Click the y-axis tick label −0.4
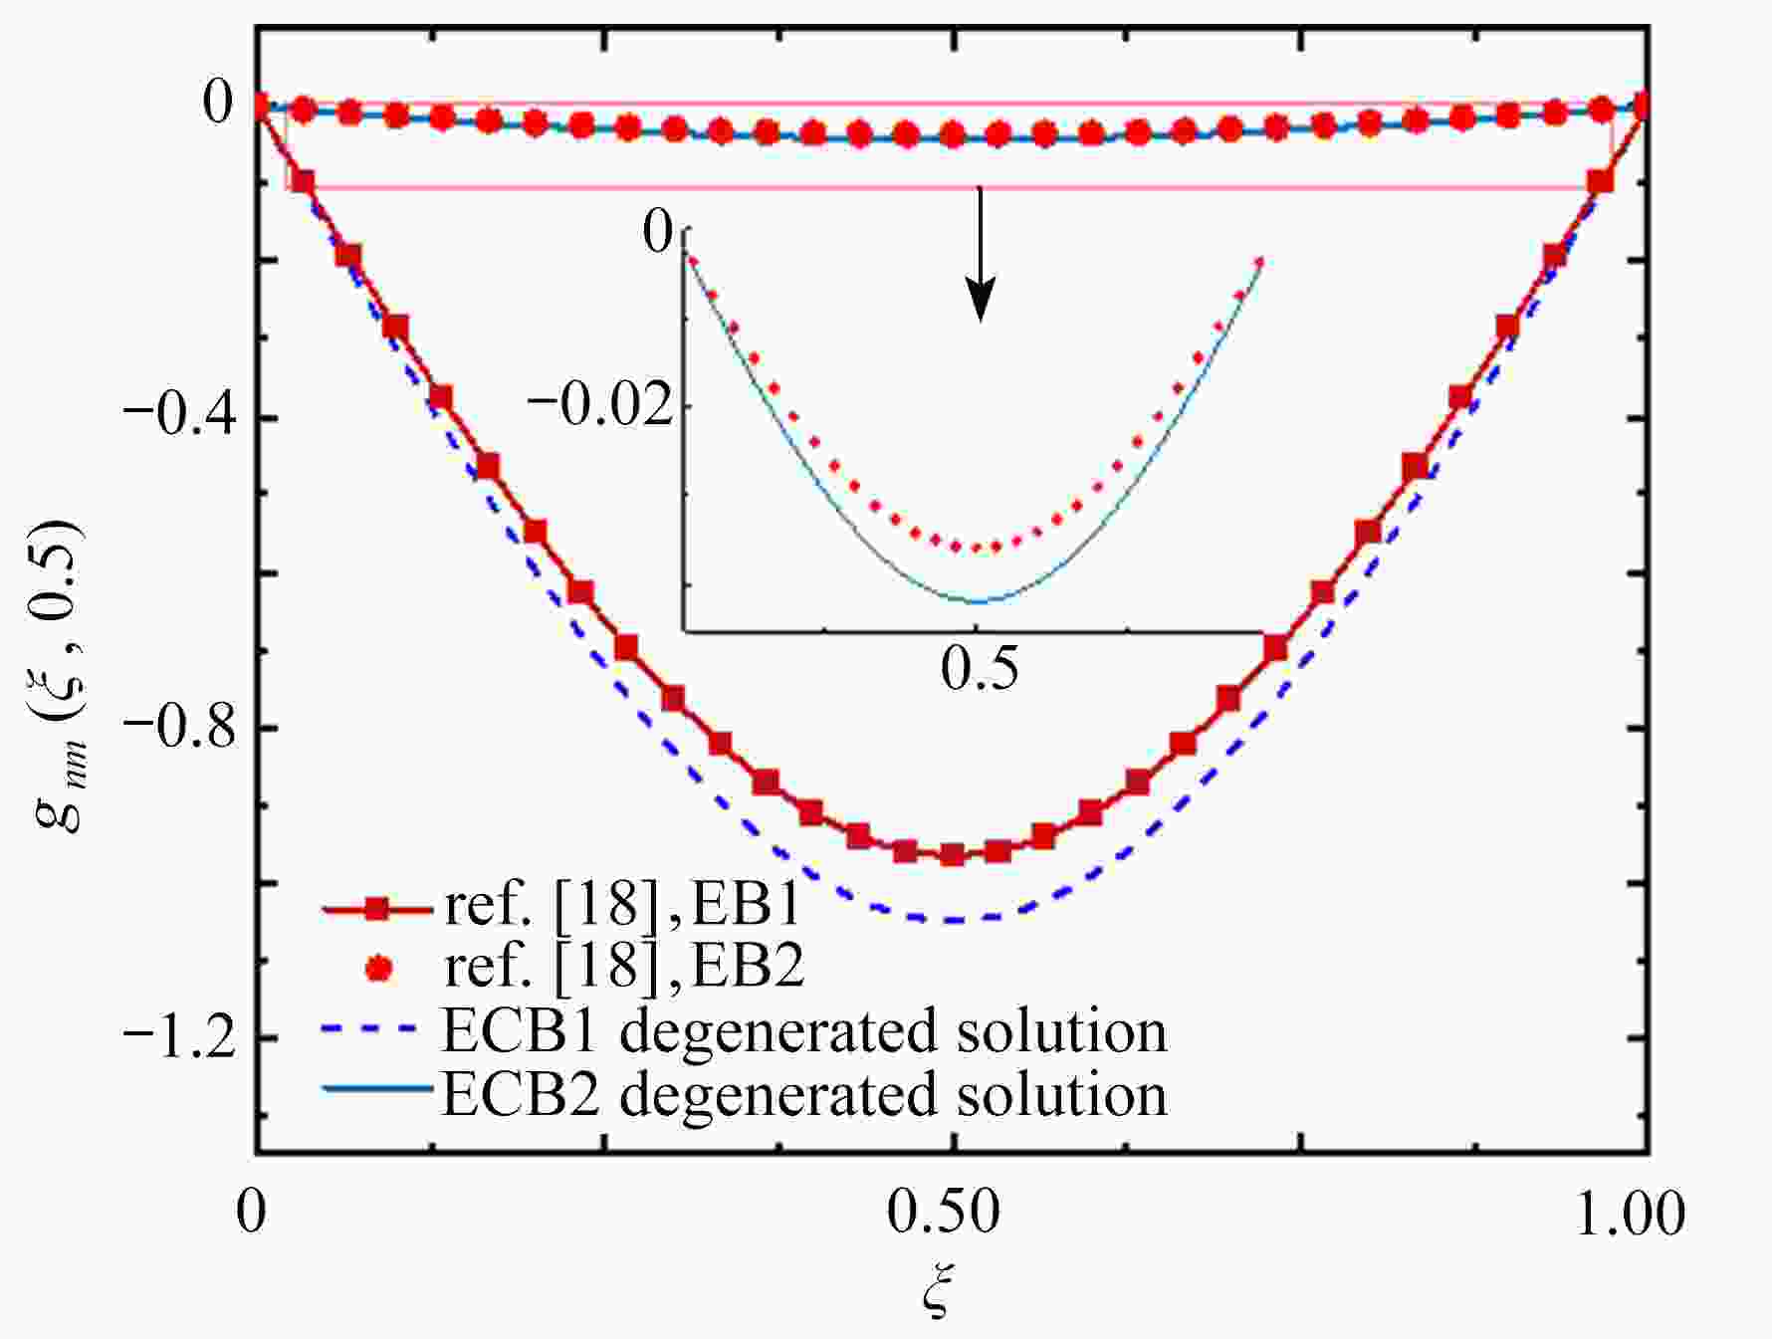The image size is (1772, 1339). [179, 416]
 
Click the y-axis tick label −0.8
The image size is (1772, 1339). [179, 727]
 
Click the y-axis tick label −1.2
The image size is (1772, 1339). [179, 1037]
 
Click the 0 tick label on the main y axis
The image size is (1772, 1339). [217, 103]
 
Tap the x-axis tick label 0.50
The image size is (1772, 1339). [943, 1214]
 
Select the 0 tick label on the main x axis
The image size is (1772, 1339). [253, 1214]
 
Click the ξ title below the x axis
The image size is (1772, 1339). [939, 1294]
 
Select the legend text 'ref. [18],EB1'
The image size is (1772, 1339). [623, 904]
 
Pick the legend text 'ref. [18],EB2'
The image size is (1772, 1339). [623, 965]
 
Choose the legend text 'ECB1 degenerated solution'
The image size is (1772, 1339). [804, 1030]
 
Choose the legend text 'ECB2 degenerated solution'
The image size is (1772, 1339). [804, 1093]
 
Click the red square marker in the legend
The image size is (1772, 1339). [376, 908]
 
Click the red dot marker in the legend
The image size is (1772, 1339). [376, 968]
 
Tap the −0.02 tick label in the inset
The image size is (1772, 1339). [599, 406]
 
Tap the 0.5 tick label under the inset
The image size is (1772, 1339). [980, 668]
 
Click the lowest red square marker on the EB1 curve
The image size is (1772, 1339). [953, 854]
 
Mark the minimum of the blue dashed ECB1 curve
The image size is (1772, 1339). [953, 920]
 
